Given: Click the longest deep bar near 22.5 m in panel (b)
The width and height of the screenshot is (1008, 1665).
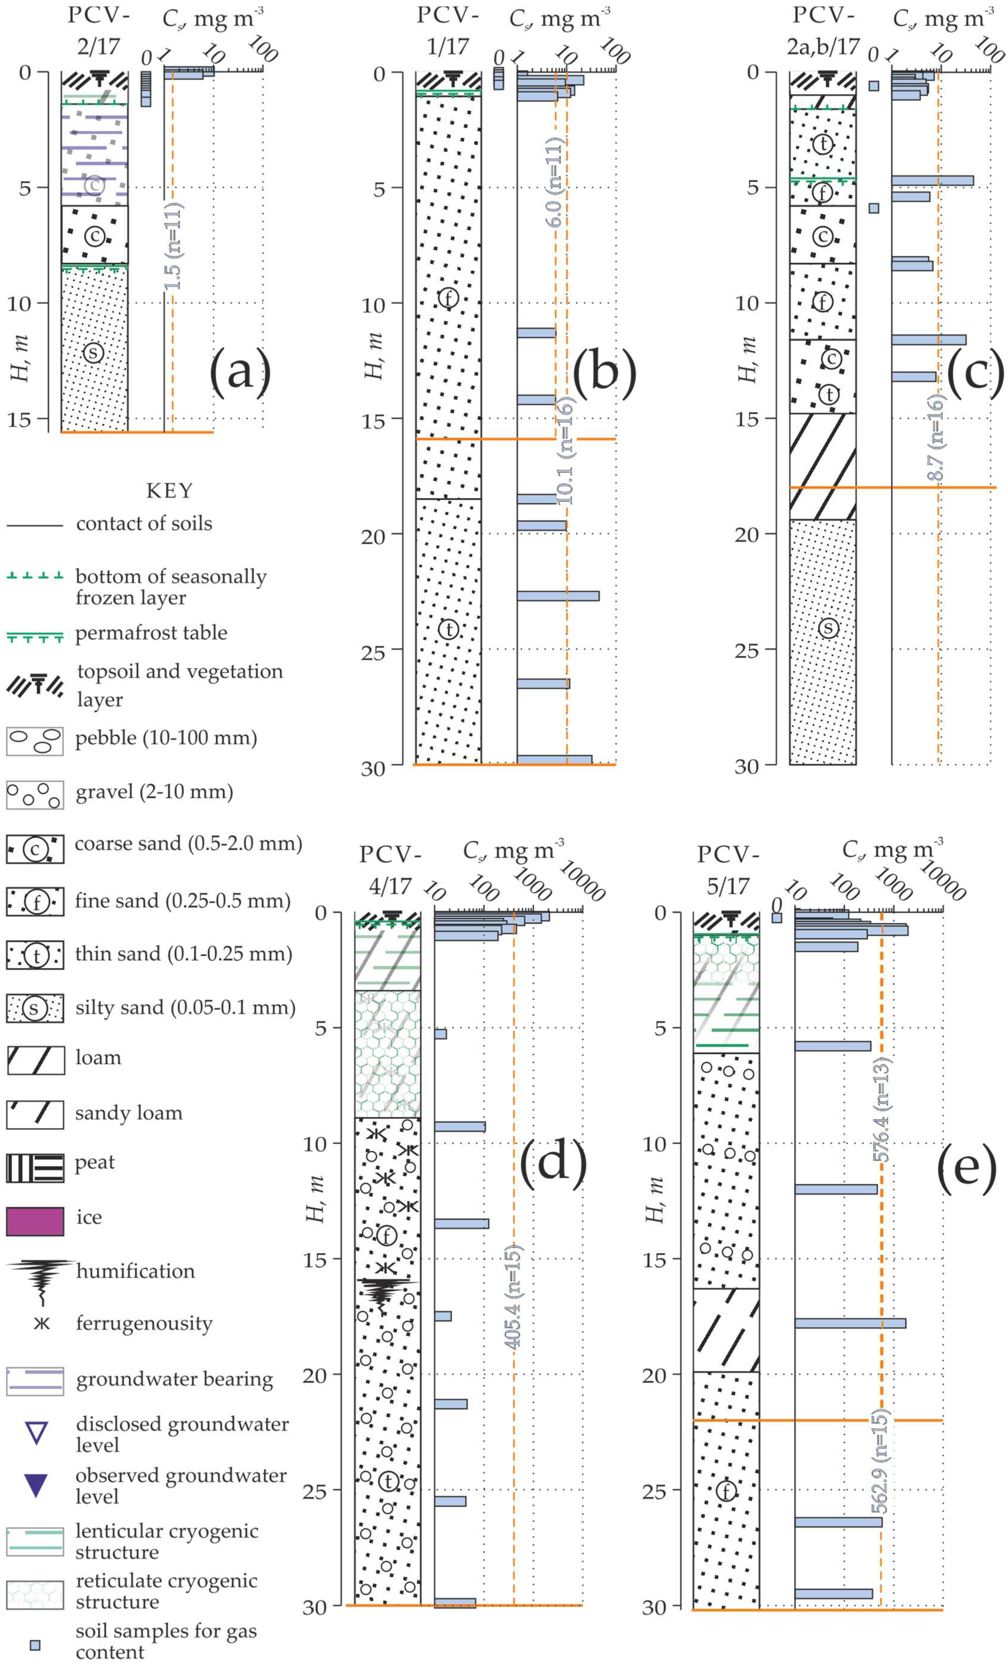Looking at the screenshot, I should [558, 595].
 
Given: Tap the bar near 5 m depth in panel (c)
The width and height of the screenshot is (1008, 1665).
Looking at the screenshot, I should [932, 180].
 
